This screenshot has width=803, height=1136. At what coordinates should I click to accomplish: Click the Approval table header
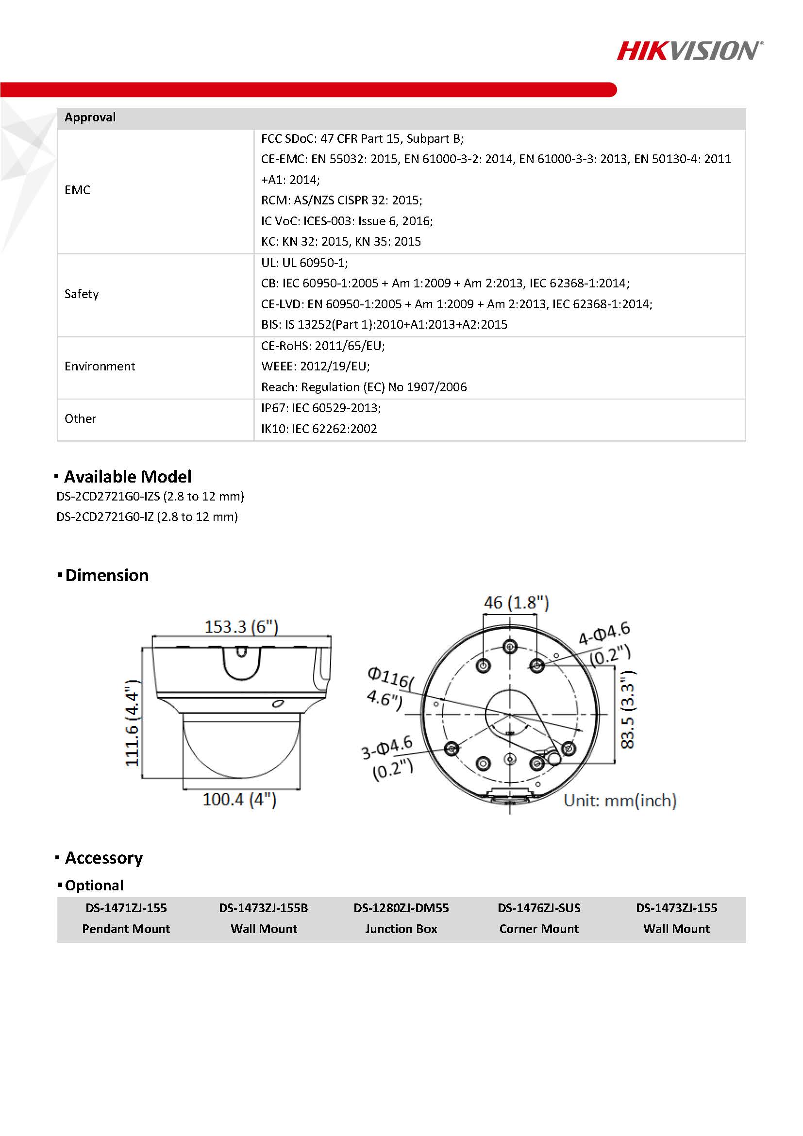(x=90, y=118)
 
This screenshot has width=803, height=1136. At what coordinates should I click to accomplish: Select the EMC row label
(x=77, y=190)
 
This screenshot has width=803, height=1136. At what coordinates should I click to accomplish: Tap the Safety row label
(x=82, y=294)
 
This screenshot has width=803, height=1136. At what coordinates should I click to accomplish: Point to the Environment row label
(x=100, y=367)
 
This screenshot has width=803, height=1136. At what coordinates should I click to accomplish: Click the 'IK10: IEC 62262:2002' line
(x=318, y=429)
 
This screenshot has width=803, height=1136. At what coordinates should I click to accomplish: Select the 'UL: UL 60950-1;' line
(x=304, y=263)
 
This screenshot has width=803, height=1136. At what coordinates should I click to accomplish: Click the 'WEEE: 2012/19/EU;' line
(x=315, y=367)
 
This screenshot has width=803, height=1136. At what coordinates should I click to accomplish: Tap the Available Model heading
(x=127, y=476)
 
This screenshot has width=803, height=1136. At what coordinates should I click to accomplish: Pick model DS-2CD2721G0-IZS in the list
(x=150, y=496)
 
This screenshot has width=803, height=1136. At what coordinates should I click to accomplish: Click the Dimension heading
(x=106, y=575)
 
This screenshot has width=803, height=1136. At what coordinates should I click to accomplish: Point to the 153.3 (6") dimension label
(x=241, y=627)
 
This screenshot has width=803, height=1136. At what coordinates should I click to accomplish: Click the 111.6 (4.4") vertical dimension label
(x=132, y=723)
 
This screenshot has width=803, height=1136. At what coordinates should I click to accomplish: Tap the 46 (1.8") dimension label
(x=516, y=602)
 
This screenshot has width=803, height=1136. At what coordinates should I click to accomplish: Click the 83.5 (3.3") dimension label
(x=627, y=710)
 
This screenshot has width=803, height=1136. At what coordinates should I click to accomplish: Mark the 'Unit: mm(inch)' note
(x=620, y=801)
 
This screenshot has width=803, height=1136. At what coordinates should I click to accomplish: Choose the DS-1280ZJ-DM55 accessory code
(x=401, y=908)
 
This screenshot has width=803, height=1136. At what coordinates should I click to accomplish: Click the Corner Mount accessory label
(x=539, y=929)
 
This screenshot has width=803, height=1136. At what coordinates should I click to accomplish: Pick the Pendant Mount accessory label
(x=126, y=929)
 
